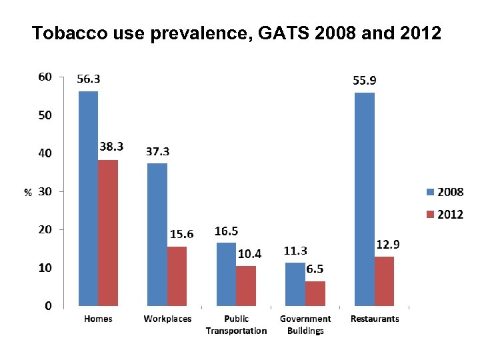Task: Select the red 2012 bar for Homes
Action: point(108,233)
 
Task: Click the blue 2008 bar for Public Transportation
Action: point(227,274)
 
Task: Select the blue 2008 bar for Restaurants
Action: point(365,199)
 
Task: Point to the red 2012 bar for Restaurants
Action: point(384,281)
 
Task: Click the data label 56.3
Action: point(89,79)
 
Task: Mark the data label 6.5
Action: point(315,269)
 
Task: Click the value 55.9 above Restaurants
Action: point(364,80)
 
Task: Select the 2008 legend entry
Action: point(445,193)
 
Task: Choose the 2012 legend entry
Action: point(445,215)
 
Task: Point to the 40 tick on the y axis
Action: point(44,153)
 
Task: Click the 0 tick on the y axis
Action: point(49,307)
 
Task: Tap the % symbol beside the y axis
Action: point(28,193)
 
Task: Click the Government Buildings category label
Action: point(305,325)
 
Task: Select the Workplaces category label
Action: point(167,319)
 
